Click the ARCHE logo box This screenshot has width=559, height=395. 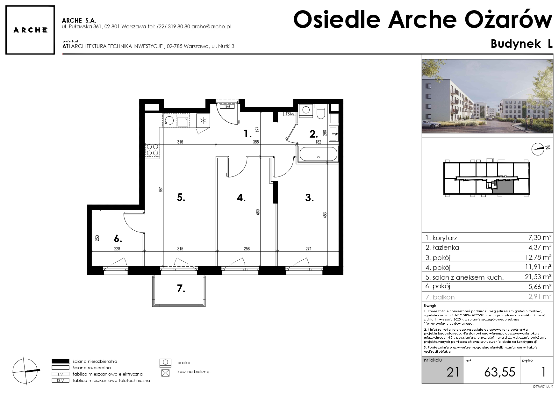tap(30, 30)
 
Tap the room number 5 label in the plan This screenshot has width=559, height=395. tap(181, 197)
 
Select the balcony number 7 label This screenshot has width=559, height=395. tap(181, 289)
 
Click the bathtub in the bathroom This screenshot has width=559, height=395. tap(318, 154)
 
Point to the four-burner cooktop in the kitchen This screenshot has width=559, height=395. tap(152, 150)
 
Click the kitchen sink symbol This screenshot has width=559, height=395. tap(183, 121)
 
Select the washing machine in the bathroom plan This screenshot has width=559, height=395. tap(306, 110)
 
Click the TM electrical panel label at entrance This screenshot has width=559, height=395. tap(227, 107)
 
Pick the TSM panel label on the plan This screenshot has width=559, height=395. tap(289, 114)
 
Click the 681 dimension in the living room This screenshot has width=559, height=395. tap(161, 189)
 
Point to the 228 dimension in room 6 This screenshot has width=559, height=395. tap(117, 249)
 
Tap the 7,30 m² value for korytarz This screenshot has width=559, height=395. tap(541, 238)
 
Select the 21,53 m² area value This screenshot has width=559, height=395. tap(538, 277)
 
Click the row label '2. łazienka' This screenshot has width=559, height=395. tap(442, 248)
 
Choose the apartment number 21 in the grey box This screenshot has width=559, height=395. tap(453, 372)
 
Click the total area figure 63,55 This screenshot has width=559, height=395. tap(500, 372)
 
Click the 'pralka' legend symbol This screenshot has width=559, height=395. tap(165, 363)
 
